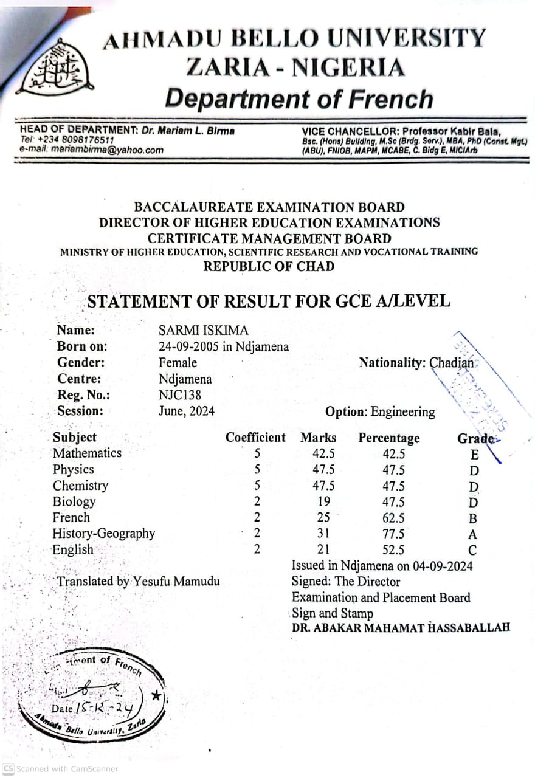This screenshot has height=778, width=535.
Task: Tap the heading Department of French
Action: [x=299, y=98]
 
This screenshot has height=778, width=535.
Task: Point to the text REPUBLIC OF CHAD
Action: [x=269, y=266]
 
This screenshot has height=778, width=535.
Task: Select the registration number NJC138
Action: [x=180, y=395]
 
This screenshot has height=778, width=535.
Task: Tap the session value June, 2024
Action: [x=187, y=411]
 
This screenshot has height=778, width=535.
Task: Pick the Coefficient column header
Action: [x=255, y=438]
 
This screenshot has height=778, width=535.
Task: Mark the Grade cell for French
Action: [x=473, y=518]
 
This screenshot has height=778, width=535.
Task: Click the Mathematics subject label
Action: [x=87, y=453]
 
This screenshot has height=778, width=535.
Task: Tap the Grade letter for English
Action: [x=473, y=551]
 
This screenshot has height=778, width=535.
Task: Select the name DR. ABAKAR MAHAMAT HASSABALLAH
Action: [x=401, y=628]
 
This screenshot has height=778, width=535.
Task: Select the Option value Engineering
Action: [x=403, y=412]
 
